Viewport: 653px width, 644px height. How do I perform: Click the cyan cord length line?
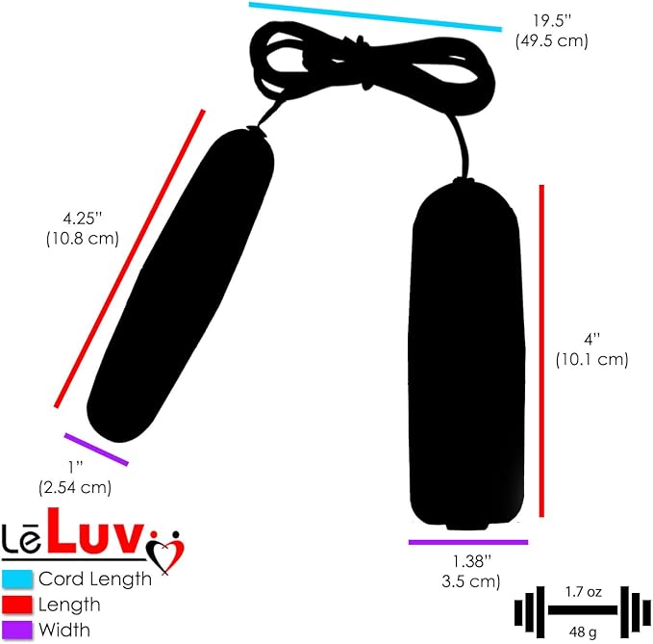pos(376,16)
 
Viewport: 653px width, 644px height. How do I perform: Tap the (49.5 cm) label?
pos(551,41)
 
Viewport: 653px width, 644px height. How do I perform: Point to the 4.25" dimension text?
pos(83,219)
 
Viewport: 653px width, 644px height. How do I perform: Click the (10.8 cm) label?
pos(83,239)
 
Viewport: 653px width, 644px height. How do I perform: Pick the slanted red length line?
pos(130,258)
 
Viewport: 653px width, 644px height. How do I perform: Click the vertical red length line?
pos(541,350)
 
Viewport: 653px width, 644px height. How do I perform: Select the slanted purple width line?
pos(96,449)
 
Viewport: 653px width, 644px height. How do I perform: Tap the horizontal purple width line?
pos(468,542)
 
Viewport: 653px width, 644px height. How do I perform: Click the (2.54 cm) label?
pos(75,487)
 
